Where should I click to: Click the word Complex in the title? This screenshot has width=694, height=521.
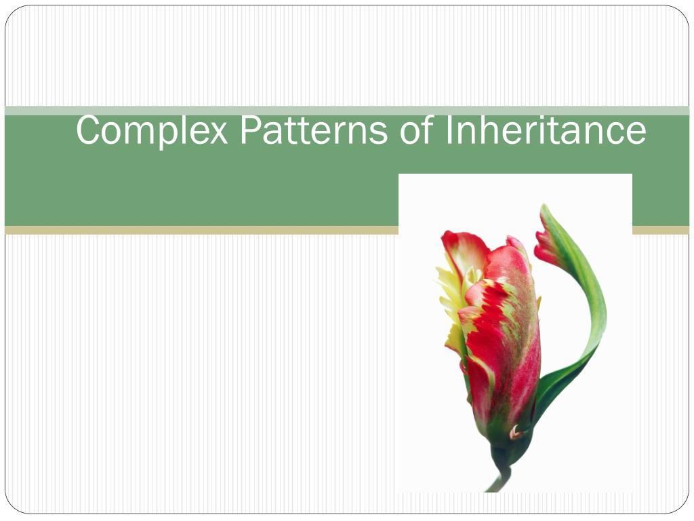(152, 130)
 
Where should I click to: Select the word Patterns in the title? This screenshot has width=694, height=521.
(314, 130)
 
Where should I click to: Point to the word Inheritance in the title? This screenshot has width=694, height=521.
(545, 130)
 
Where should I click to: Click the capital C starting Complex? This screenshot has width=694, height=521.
(86, 130)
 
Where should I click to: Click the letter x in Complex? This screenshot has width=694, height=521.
(219, 134)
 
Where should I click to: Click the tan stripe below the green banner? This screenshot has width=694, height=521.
(203, 231)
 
